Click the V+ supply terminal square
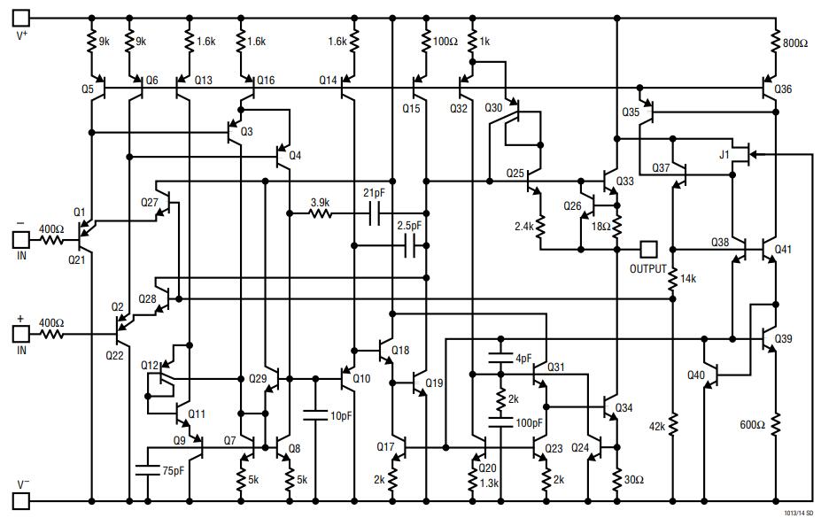tap(20, 17)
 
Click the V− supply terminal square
tap(20, 501)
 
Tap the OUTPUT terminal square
tap(649, 249)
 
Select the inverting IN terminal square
tap(20, 238)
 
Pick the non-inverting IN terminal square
tap(20, 335)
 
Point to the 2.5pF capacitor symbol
tap(410, 246)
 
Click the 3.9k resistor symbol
tap(320, 213)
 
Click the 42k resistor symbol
tap(673, 425)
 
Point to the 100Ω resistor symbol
tap(418, 41)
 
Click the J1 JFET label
tap(725, 155)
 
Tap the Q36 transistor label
tap(783, 89)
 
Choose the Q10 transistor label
tap(361, 378)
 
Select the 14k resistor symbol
tap(673, 279)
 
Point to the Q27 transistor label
tap(149, 203)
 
